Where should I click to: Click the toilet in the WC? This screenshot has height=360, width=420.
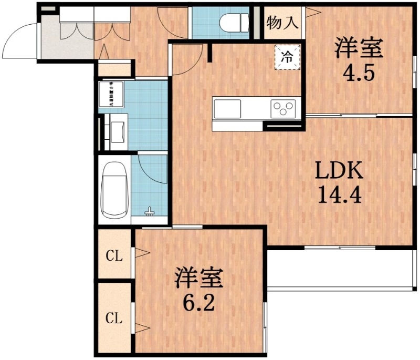coord(234,23)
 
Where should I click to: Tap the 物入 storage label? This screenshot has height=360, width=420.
coord(282,23)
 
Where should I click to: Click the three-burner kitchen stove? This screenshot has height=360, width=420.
coord(283,109)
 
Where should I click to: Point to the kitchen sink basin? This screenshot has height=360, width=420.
coord(227,109)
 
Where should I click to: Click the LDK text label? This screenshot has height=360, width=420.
coord(339,171)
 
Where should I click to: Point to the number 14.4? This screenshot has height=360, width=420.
coord(339,196)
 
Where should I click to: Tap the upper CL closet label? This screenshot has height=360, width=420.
coord(114,256)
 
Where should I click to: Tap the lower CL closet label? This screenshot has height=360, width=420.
coord(114,318)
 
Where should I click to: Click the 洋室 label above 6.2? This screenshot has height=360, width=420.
coord(199,279)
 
